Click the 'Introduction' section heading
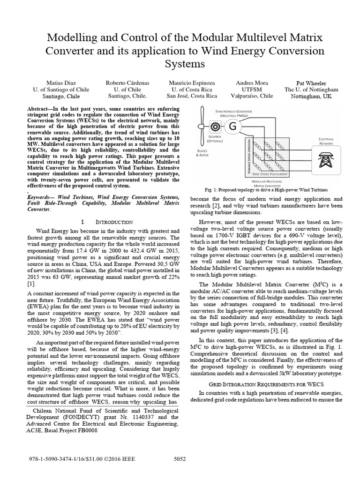[x=106, y=221]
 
